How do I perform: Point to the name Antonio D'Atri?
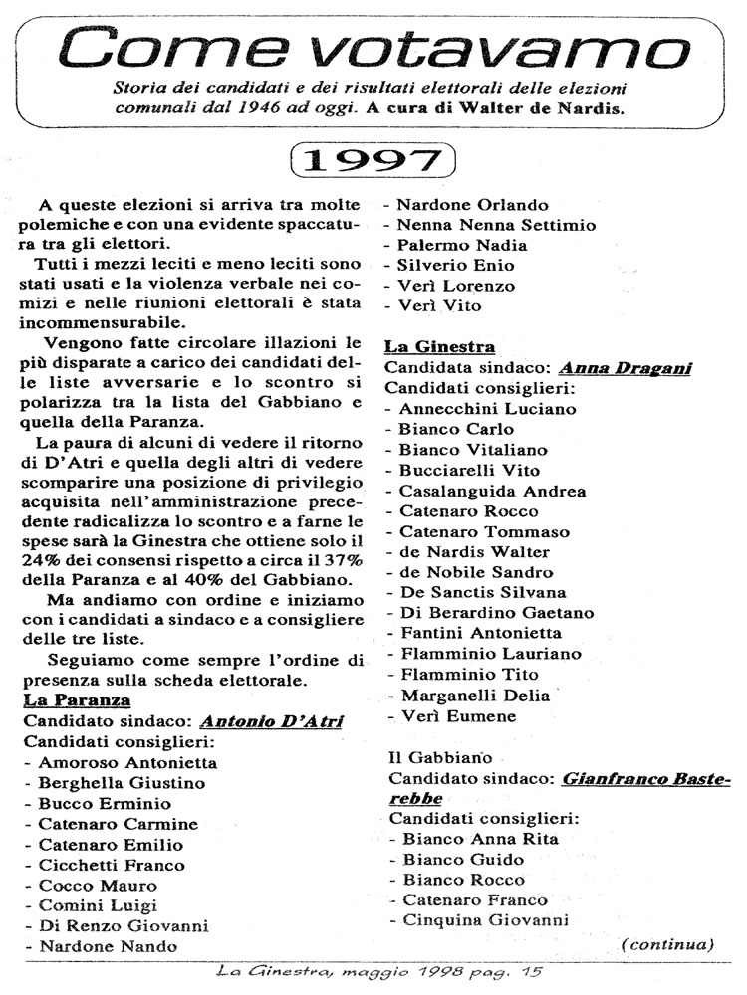pos(271,721)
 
